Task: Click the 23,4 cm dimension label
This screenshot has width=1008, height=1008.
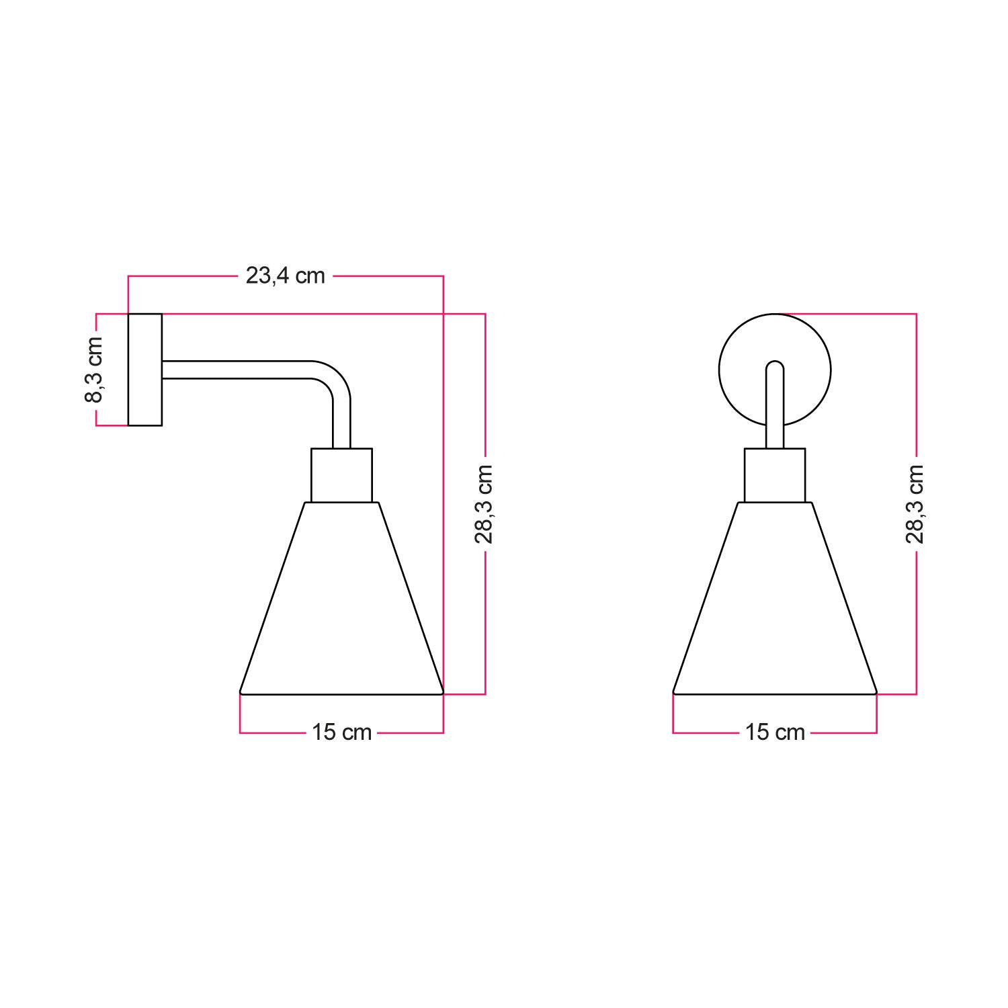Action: coord(286,276)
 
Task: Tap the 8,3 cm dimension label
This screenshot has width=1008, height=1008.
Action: coord(94,370)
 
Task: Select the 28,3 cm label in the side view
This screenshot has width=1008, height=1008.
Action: coord(485,503)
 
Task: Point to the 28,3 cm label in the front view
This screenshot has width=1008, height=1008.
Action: coord(915,503)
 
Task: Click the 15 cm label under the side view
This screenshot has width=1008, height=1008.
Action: coord(341,732)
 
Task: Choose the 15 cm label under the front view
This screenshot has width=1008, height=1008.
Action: coord(775,732)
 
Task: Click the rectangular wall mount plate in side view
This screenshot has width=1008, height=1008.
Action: coord(145,370)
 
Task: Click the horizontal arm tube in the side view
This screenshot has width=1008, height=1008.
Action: coord(235,370)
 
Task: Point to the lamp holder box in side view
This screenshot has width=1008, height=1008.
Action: coord(341,475)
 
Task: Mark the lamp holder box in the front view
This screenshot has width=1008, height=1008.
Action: coord(775,475)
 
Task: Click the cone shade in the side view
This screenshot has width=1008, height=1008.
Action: coord(341,605)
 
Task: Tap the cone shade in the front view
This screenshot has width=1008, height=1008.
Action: coord(775,605)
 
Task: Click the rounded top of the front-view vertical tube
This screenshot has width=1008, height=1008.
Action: coord(775,364)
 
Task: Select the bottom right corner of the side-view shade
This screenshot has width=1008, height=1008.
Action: coord(442,691)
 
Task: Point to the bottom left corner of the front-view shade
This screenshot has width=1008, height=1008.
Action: coord(674,691)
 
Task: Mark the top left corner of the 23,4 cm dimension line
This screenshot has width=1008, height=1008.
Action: coord(128,276)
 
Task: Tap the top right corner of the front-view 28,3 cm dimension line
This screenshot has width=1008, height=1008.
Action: coord(916,314)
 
